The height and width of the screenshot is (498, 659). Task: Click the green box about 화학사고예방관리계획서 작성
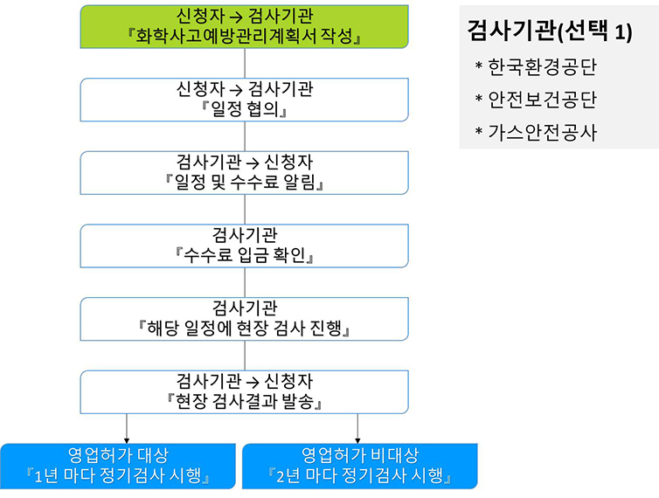point(244,26)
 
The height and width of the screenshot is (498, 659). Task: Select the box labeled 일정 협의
point(244,100)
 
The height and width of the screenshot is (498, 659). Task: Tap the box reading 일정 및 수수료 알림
point(244,173)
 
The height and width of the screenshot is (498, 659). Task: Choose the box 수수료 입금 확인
point(244,246)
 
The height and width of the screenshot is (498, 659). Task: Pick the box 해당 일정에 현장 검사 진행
point(244,319)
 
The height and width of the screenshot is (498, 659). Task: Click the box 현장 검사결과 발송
point(244,392)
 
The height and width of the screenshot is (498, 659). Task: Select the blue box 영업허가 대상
point(118,466)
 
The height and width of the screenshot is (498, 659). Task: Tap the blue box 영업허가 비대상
point(360,466)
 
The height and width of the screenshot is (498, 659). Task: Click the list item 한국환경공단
point(542,66)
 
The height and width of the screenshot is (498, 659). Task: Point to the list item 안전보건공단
point(542,100)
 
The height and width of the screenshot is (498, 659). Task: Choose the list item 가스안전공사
point(542,133)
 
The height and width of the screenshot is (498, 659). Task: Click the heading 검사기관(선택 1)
point(550,31)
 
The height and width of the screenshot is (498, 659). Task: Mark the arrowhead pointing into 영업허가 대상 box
point(127,440)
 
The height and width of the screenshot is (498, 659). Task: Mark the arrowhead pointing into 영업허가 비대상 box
point(357,440)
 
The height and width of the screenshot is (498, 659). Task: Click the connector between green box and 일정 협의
point(245,63)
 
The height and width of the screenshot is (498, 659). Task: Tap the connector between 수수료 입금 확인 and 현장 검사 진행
point(245,282)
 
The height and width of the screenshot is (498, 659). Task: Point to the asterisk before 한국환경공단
point(479,66)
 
